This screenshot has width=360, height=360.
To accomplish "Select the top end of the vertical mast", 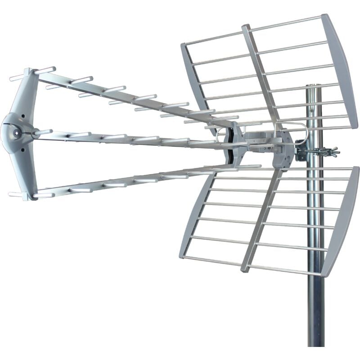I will (x=314, y=86).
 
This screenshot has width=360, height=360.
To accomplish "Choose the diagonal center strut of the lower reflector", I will (x=261, y=220).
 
